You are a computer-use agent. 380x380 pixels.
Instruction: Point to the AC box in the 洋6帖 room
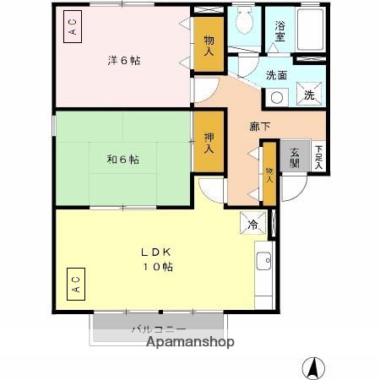[x=73, y=28]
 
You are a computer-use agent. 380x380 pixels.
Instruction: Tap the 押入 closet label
[x=207, y=143]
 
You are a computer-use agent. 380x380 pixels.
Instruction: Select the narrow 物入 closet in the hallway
[x=269, y=175]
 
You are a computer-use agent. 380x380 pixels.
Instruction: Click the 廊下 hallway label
[x=260, y=127]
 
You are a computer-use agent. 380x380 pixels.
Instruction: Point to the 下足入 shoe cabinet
[x=318, y=157]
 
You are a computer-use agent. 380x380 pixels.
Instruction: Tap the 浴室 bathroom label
[x=279, y=32]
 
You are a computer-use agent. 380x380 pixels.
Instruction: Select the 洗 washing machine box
[x=309, y=95]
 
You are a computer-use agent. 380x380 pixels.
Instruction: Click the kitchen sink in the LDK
[x=263, y=261]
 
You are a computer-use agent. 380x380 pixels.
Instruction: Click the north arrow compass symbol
[x=313, y=366]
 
